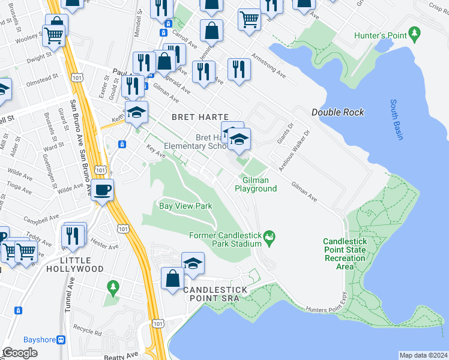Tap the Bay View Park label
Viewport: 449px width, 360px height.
coord(185,206)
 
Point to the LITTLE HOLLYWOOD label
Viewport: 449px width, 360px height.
coord(76,265)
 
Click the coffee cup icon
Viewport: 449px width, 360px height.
coord(103,191)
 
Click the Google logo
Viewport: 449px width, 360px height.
coord(19,353)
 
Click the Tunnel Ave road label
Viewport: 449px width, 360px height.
coord(68,302)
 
